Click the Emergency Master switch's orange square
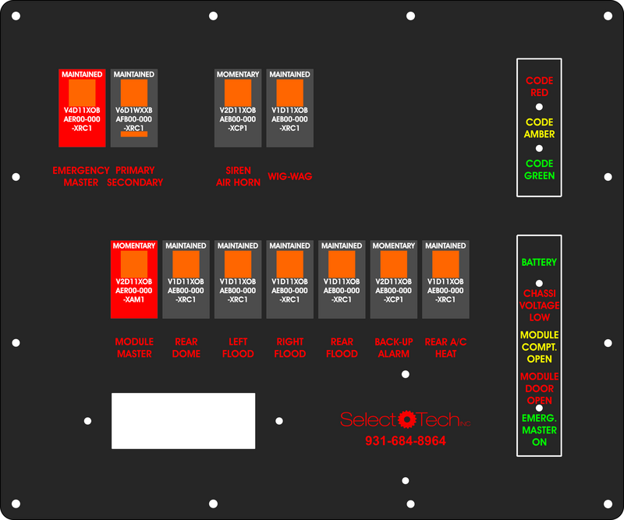[82, 93]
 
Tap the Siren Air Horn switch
[238, 108]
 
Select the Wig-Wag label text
[289, 176]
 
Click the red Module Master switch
[134, 279]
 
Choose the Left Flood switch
[238, 279]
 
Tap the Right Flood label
[289, 348]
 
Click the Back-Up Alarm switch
[394, 279]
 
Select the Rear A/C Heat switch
[445, 279]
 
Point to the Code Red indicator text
[539, 87]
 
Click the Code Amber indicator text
[539, 128]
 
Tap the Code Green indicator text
[539, 169]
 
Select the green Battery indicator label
[539, 262]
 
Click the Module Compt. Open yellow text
[539, 347]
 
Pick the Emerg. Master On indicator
[539, 430]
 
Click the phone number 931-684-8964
[406, 440]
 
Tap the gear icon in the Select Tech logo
[406, 419]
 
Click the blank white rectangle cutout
[183, 421]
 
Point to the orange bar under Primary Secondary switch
[134, 134]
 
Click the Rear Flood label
[342, 348]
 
